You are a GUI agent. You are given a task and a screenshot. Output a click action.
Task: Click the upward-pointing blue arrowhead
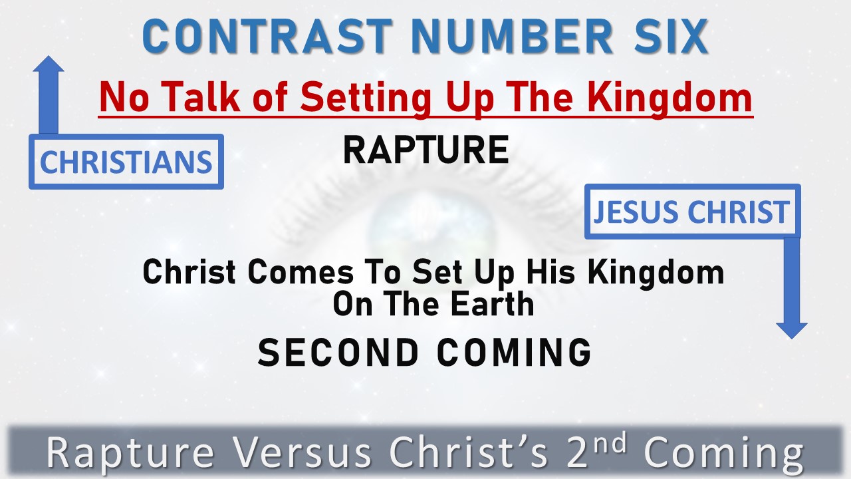tap(48, 67)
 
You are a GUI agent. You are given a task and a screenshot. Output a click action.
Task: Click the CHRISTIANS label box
tap(126, 162)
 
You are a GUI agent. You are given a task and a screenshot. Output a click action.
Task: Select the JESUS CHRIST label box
tap(692, 212)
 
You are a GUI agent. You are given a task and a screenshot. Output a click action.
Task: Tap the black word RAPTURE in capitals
tap(425, 150)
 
